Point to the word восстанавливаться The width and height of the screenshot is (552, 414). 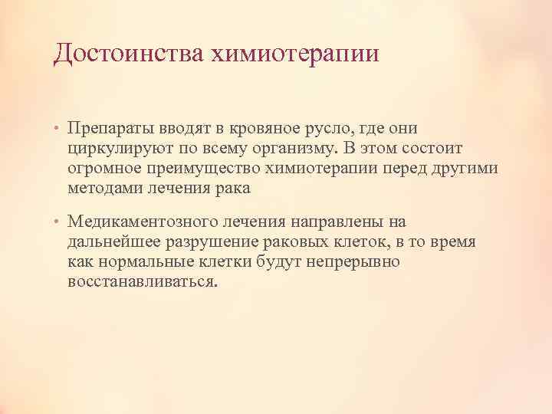click(141, 282)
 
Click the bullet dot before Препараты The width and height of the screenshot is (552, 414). click(58, 128)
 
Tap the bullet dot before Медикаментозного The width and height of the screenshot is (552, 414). click(58, 223)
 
